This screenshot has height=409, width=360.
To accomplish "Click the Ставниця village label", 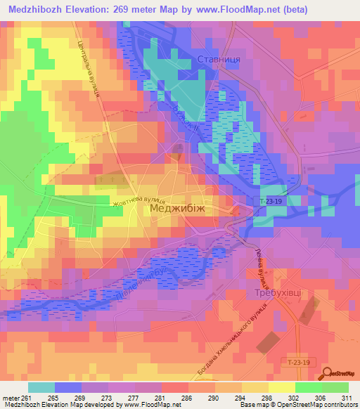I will (219, 60).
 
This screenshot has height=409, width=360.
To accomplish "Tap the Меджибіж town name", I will (176, 209).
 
